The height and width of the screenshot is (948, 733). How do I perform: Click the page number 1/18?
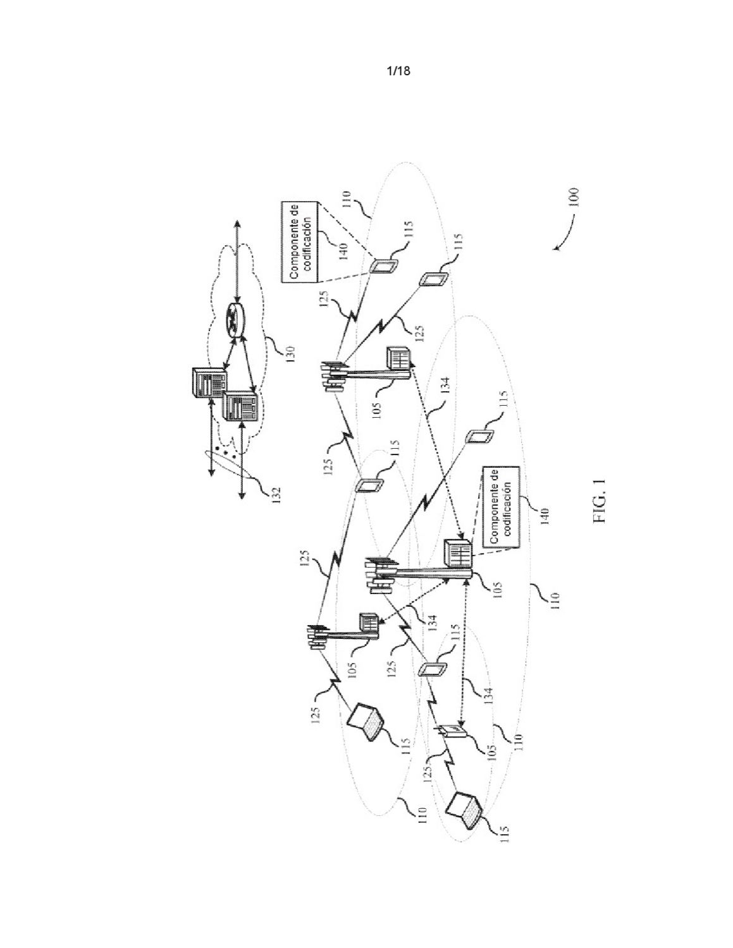pyautogui.click(x=398, y=71)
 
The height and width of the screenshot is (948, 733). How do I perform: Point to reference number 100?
pyautogui.click(x=574, y=197)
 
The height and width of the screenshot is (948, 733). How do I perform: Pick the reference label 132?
pyautogui.click(x=276, y=495)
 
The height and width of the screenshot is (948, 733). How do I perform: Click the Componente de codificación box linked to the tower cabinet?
pyautogui.click(x=501, y=507)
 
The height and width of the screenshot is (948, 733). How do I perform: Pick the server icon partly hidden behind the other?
pyautogui.click(x=209, y=382)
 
